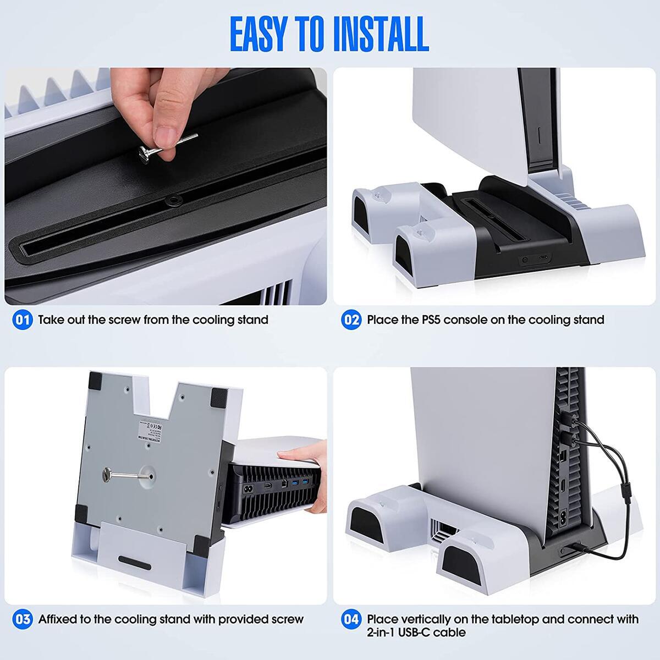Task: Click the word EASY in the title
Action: pyautogui.click(x=266, y=34)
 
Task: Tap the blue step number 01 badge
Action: pyautogui.click(x=23, y=320)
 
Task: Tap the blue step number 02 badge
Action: pyautogui.click(x=351, y=320)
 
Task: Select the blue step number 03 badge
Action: pyautogui.click(x=23, y=619)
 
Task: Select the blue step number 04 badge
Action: pyautogui.click(x=351, y=619)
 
